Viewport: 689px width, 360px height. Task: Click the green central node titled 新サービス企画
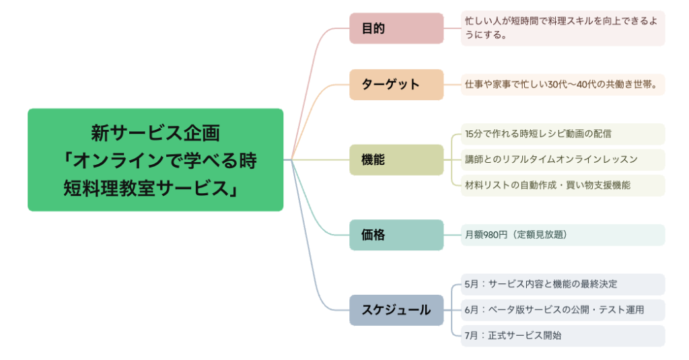coord(155,159)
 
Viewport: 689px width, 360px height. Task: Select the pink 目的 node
coord(396,28)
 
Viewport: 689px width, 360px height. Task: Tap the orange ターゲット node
coord(396,84)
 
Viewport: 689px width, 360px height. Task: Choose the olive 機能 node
coord(396,159)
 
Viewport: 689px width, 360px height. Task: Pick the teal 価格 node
coord(396,235)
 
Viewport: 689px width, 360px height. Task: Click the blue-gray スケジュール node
coord(396,310)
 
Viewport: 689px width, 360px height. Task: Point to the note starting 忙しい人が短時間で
coord(562,28)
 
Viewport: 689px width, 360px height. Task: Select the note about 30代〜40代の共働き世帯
coord(562,84)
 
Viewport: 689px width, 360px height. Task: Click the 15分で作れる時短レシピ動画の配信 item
coord(538,134)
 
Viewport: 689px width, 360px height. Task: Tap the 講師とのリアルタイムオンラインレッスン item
coord(551,159)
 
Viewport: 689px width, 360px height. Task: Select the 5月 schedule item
coord(541,284)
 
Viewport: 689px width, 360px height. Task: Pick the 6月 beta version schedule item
coord(554,310)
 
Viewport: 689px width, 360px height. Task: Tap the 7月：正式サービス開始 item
coord(513,335)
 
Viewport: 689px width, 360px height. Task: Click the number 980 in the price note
coord(493,235)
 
